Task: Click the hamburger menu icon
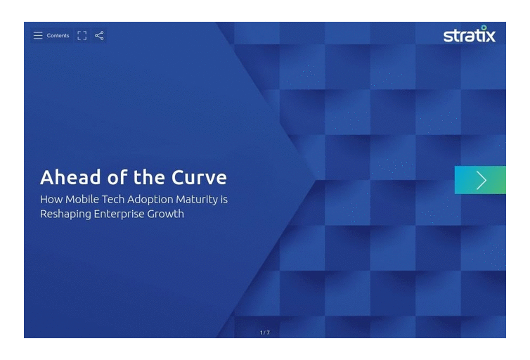click(38, 35)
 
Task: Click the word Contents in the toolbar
click(58, 35)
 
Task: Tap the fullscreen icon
click(82, 35)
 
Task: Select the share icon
click(99, 35)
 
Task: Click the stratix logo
click(469, 34)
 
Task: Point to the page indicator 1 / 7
click(265, 333)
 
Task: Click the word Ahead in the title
click(70, 177)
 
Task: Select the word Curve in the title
click(199, 177)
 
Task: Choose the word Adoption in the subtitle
click(150, 200)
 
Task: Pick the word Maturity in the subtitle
click(197, 200)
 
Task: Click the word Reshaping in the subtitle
click(65, 214)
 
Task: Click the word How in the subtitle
click(51, 199)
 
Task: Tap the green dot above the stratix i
click(484, 27)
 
